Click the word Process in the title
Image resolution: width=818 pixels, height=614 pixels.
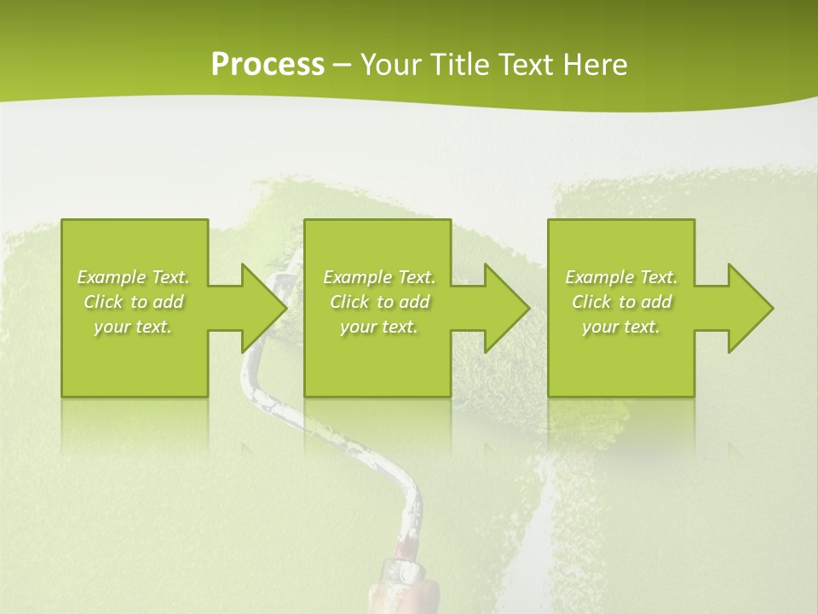tap(268, 65)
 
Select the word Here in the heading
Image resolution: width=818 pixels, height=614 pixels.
tap(596, 65)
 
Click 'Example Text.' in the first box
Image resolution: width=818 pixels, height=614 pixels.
tap(134, 277)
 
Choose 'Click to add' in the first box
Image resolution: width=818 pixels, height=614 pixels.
tap(134, 302)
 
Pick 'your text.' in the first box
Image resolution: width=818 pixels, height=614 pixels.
tap(134, 327)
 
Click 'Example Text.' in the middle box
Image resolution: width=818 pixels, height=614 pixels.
tap(379, 277)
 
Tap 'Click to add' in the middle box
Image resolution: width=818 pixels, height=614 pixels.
tap(379, 302)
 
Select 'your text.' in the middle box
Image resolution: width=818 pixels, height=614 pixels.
tap(379, 327)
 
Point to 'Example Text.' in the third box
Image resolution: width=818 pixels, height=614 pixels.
tap(621, 277)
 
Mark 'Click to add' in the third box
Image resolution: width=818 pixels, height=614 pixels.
tap(621, 302)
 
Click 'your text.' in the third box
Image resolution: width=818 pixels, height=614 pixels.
tap(621, 327)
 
